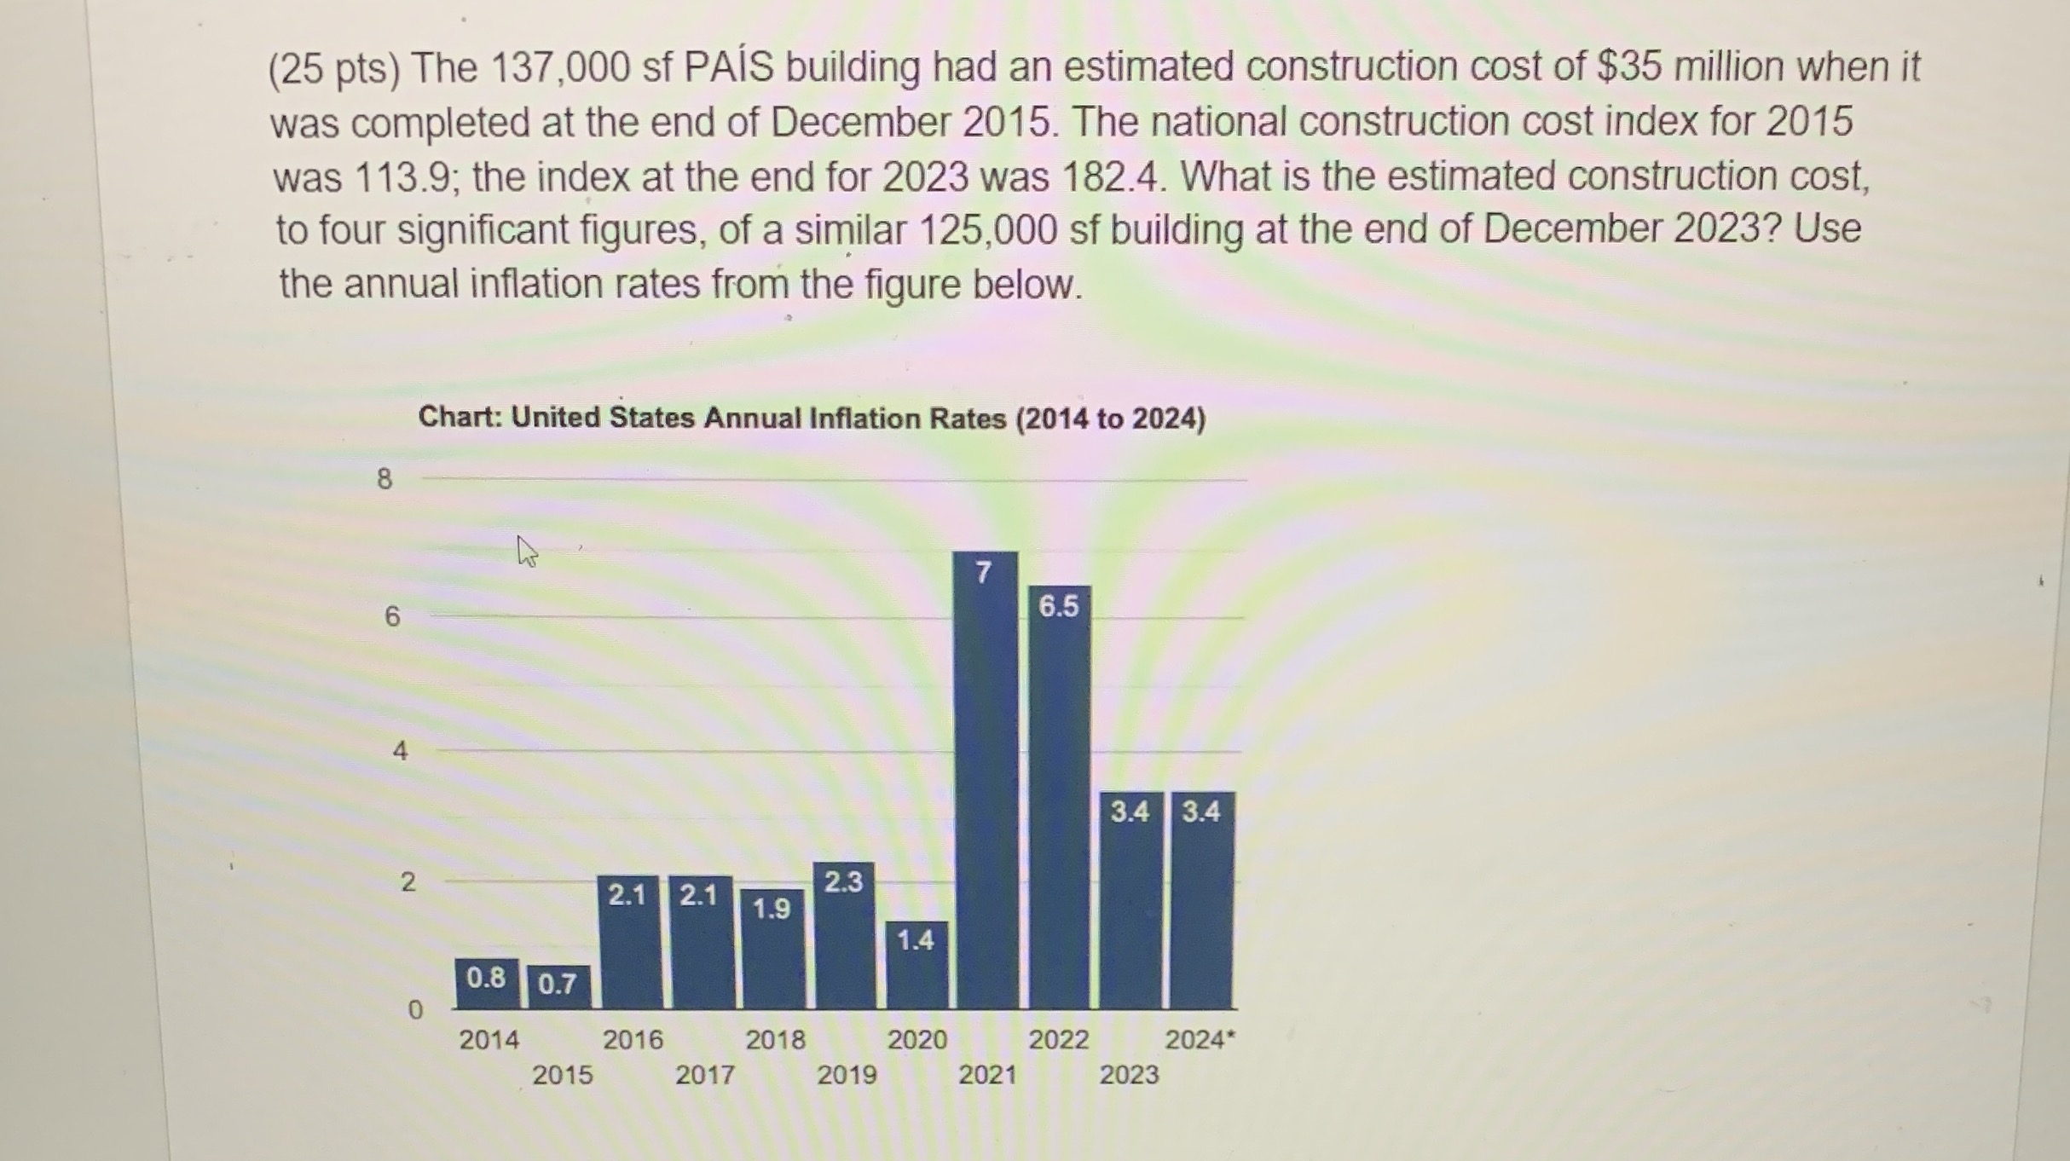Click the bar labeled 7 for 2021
click(986, 780)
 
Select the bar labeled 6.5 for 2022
click(1059, 797)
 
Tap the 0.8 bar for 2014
click(486, 984)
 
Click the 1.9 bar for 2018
click(772, 950)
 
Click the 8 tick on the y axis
click(385, 479)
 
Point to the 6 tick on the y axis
click(392, 616)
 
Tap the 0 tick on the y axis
click(414, 1010)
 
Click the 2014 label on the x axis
click(489, 1040)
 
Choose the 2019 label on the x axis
click(847, 1075)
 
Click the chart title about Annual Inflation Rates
click(812, 419)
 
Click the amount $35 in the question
click(1628, 66)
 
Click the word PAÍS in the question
click(729, 67)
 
